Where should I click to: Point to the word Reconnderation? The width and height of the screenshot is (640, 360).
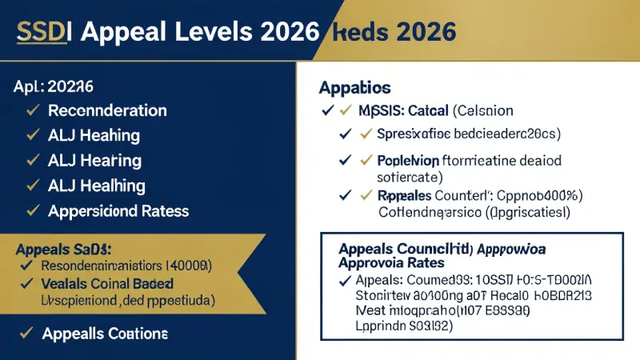tap(107, 110)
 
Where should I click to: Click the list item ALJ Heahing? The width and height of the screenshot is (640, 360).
tap(94, 135)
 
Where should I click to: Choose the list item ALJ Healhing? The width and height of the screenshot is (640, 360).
tap(97, 186)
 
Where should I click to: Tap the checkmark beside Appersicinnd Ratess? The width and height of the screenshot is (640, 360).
tap(33, 211)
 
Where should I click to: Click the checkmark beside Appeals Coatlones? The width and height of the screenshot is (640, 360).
tap(26, 334)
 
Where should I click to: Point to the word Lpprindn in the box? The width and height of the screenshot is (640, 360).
tap(382, 326)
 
